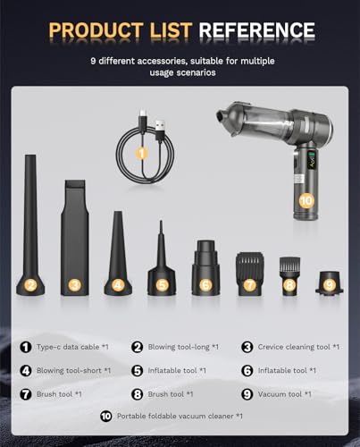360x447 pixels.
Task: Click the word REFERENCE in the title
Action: pos(256,30)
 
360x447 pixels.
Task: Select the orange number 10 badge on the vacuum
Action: pos(306,201)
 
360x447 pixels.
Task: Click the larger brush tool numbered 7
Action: pos(249,273)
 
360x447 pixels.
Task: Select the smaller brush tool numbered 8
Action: pos(289,275)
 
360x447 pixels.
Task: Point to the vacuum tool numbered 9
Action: pos(329,283)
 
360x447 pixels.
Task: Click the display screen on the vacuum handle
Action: pos(312,161)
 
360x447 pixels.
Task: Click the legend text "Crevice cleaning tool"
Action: pos(294,347)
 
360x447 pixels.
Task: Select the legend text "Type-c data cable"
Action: pos(68,347)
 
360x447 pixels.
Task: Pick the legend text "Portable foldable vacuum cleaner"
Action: pos(175,416)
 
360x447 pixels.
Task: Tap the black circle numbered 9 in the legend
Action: pos(247,394)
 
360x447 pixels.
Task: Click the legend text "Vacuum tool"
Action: pos(280,394)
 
